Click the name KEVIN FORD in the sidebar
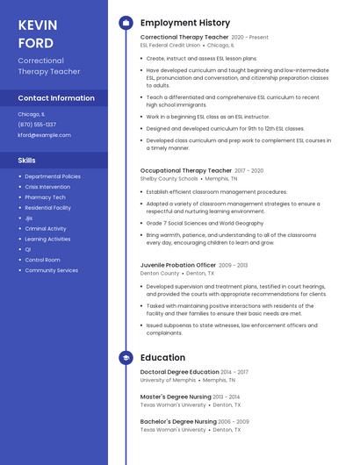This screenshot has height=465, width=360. pos(36,33)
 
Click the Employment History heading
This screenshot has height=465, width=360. pos(185,23)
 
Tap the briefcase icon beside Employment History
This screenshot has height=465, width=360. pos(126,23)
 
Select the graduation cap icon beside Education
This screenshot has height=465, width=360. pos(126,357)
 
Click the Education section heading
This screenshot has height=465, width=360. pos(162,357)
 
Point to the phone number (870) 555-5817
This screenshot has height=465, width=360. pos(37,125)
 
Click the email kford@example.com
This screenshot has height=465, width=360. pos(44,135)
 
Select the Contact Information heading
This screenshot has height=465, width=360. pos(56,98)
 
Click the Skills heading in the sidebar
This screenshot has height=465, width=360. pos(27,161)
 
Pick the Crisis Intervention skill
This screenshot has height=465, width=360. pos(47,187)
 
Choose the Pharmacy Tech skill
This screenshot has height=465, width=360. pos(46,197)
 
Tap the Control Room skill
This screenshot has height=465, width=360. pos(42,260)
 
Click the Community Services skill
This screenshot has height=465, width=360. pos(51,270)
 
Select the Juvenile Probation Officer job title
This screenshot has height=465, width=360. pos(177,265)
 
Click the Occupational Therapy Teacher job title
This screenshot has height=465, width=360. pos(185,170)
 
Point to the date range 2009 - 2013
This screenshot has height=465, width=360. pos(233,265)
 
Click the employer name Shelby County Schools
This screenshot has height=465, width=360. pos(169,178)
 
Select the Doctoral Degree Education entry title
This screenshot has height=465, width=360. pos(179,372)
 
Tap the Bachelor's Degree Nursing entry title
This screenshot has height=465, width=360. pos(178,421)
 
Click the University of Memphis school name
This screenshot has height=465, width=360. pos(169,380)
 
